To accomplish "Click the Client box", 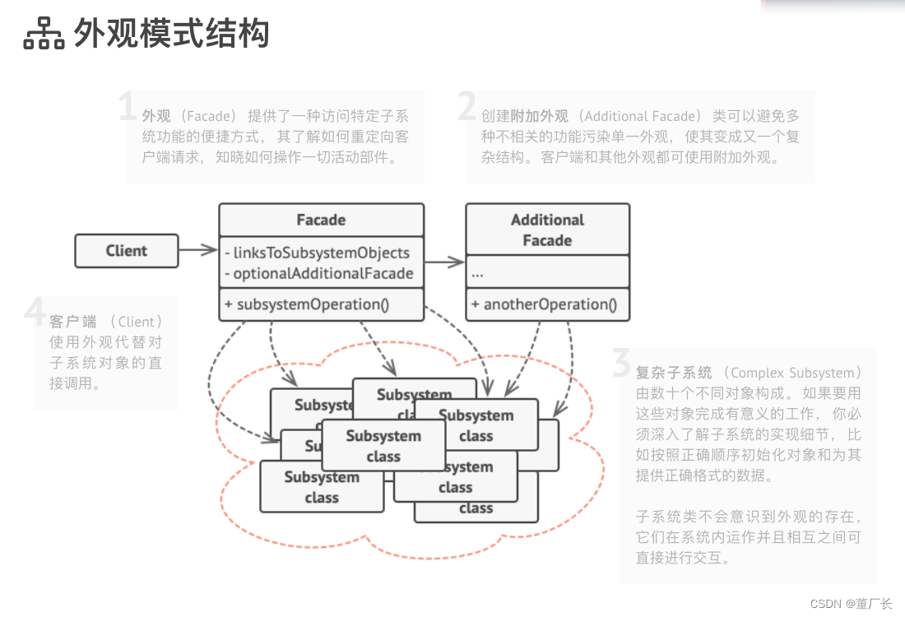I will pyautogui.click(x=126, y=251).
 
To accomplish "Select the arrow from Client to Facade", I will pyautogui.click(x=197, y=251).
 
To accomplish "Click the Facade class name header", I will pyautogui.click(x=321, y=220).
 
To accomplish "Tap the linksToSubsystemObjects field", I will pyautogui.click(x=321, y=253).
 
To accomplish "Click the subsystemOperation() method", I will pyautogui.click(x=313, y=304).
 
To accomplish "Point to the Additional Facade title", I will pyautogui.click(x=547, y=230).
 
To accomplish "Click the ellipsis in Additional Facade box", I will pyautogui.click(x=478, y=272).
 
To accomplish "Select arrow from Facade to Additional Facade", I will pyautogui.click(x=444, y=262).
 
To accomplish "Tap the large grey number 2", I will pyautogui.click(x=466, y=107).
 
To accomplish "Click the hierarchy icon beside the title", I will pyautogui.click(x=44, y=34).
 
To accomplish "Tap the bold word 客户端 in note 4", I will pyautogui.click(x=72, y=322).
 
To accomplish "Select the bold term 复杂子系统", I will pyautogui.click(x=674, y=373).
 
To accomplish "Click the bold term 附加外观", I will pyautogui.click(x=539, y=117).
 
